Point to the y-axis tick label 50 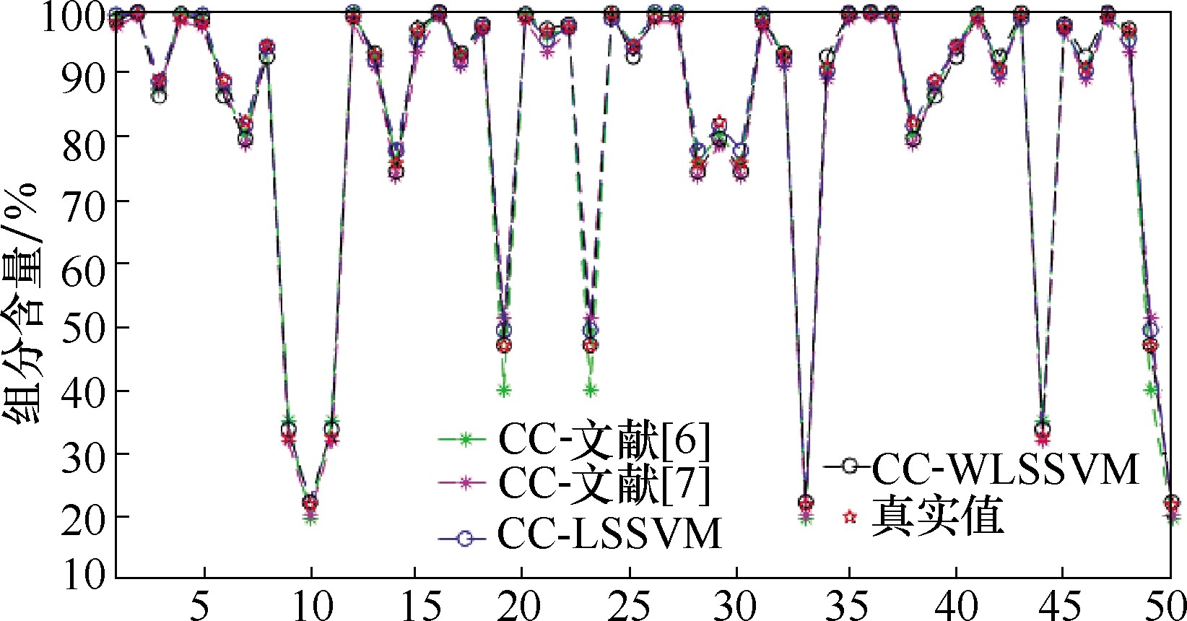pyautogui.click(x=86, y=327)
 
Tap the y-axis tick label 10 pyautogui.click(x=86, y=576)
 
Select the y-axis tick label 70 pyautogui.click(x=86, y=201)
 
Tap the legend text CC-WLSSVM pyautogui.click(x=1005, y=469)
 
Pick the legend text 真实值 pyautogui.click(x=938, y=517)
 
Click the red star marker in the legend pyautogui.click(x=850, y=517)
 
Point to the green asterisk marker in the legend pyautogui.click(x=466, y=438)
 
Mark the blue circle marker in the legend pyautogui.click(x=466, y=538)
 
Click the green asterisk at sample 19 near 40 pyautogui.click(x=503, y=391)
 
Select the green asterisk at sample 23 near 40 pyautogui.click(x=590, y=391)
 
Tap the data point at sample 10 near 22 pyautogui.click(x=310, y=503)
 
